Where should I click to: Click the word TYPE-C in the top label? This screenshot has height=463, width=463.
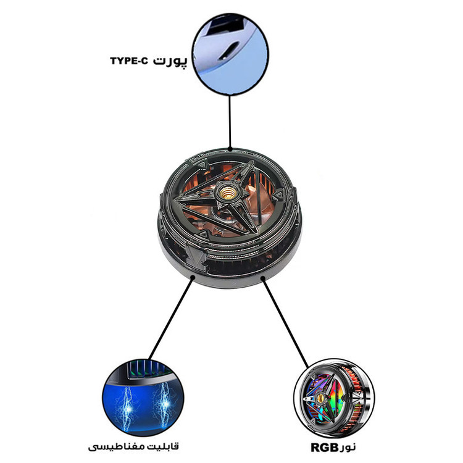[128, 61]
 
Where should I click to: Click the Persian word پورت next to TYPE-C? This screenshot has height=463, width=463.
[170, 61]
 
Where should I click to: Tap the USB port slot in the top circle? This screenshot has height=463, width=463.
[230, 51]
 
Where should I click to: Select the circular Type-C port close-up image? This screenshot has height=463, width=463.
[230, 54]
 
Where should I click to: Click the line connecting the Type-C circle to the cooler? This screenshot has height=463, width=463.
[230, 122]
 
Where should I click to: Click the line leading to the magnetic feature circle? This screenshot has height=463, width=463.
[170, 319]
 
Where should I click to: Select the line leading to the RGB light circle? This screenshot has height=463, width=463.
[285, 322]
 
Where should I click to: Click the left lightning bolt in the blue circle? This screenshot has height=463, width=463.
[128, 409]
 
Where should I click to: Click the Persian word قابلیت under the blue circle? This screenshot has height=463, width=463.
[164, 446]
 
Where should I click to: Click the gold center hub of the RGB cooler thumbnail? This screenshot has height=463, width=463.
[320, 398]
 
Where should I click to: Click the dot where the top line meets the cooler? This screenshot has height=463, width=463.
[230, 149]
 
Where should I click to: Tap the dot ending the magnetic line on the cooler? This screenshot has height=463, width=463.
[193, 278]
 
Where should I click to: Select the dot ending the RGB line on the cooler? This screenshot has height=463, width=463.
[262, 278]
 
